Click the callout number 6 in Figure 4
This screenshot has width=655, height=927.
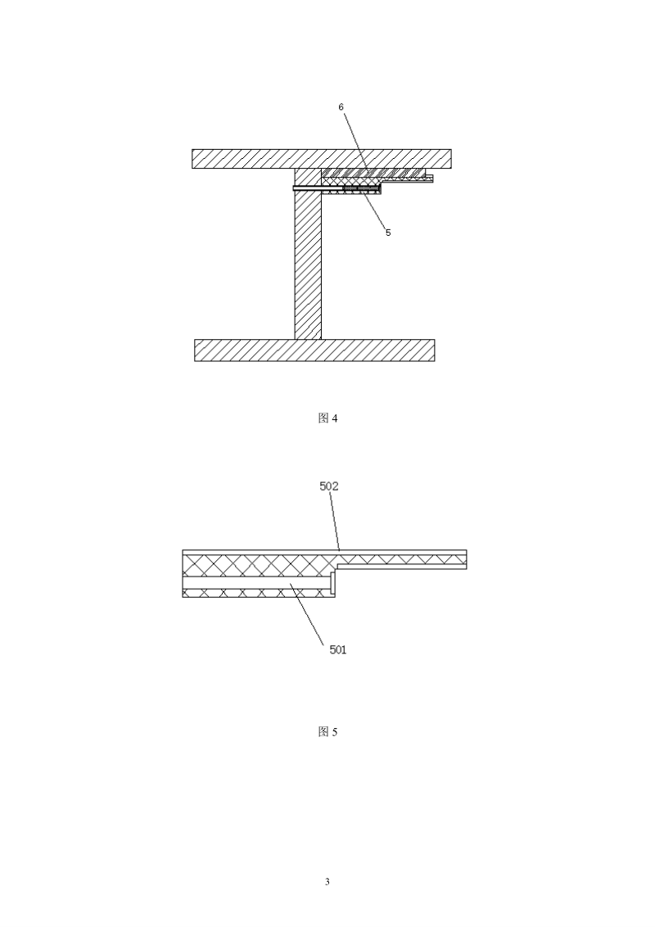tap(341, 107)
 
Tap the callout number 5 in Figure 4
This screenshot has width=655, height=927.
tap(388, 233)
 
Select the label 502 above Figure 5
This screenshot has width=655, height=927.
tap(329, 486)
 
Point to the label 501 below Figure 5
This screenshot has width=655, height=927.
tap(338, 649)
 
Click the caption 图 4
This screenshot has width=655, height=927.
tap(327, 418)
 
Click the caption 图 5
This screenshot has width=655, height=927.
tap(327, 732)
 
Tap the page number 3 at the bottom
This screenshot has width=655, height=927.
tap(327, 882)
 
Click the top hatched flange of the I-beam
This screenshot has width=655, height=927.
tap(322, 159)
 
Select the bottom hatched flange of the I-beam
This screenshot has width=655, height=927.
tap(314, 350)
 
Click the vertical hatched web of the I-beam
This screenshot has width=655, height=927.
tap(308, 254)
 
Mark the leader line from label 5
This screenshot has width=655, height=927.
tap(373, 210)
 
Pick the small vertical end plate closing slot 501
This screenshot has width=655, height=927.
tap(332, 584)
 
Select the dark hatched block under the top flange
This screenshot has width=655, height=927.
tap(373, 171)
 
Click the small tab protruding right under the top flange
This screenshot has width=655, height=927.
tap(429, 178)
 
